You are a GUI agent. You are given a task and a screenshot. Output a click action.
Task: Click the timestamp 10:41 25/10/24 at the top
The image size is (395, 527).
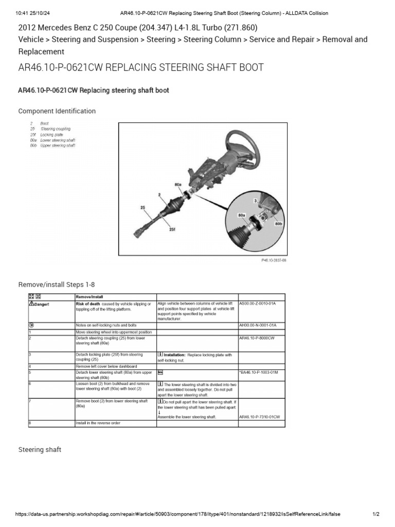click(x=32, y=13)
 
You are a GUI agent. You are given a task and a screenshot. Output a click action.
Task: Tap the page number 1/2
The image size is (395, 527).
click(x=375, y=514)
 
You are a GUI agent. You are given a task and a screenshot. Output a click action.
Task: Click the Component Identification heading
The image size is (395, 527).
click(x=57, y=111)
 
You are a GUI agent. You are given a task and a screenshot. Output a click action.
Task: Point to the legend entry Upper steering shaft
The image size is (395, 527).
click(x=58, y=146)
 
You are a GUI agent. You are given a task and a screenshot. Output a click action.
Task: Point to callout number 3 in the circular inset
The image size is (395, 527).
click(x=255, y=199)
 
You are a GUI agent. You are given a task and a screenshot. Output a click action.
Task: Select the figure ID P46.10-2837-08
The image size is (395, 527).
click(x=273, y=261)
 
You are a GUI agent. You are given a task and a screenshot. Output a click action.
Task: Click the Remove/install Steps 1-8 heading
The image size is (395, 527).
click(x=57, y=285)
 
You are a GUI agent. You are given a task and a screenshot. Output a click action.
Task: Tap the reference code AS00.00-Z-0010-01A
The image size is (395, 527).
click(x=258, y=304)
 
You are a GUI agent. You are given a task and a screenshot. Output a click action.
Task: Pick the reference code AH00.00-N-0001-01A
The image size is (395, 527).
click(x=258, y=325)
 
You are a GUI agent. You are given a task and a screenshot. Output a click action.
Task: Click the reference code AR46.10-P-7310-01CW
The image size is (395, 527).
click(x=260, y=416)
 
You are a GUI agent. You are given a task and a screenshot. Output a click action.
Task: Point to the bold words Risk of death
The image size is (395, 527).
click(x=88, y=304)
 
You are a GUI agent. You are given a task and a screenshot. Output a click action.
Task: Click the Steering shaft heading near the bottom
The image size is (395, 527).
click(x=40, y=450)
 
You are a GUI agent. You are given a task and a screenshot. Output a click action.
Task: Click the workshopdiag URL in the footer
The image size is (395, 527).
click(x=177, y=514)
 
